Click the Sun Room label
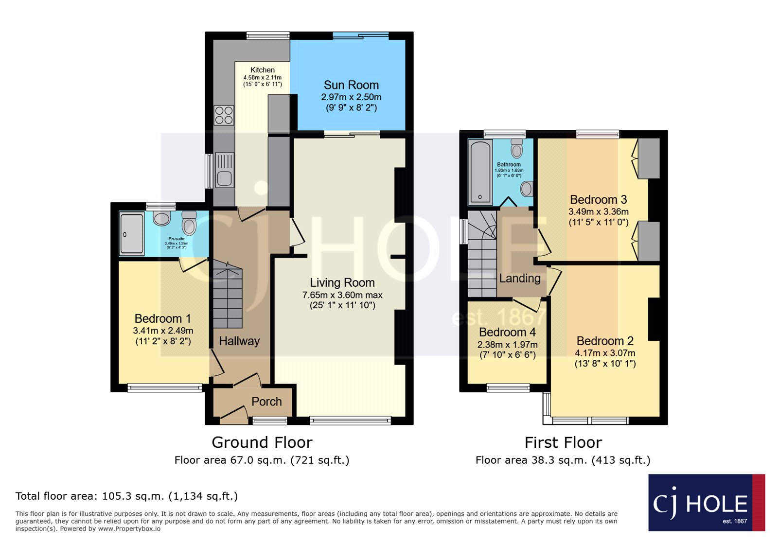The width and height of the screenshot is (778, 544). click(x=351, y=85)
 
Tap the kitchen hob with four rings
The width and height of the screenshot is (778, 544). click(x=224, y=115)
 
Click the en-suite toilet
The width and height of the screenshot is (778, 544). click(x=189, y=223)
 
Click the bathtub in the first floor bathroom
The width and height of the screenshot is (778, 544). click(x=480, y=172)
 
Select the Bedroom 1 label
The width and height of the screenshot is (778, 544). click(x=163, y=318)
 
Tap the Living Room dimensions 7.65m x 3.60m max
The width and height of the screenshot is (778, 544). click(x=342, y=295)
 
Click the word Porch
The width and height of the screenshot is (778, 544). click(x=266, y=402)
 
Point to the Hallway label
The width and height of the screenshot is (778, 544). click(x=239, y=341)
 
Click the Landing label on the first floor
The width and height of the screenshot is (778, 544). click(x=520, y=278)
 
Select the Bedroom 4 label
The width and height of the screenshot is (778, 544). click(x=507, y=332)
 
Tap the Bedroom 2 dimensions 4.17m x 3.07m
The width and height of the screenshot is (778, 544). click(x=605, y=353)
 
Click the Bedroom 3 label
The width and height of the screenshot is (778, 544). click(x=598, y=199)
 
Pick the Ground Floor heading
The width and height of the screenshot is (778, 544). click(x=262, y=442)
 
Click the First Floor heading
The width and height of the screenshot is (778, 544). click(x=563, y=442)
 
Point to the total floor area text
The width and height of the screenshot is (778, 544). click(x=126, y=496)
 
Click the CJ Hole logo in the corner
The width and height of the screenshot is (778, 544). click(x=706, y=503)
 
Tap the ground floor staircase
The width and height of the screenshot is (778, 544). click(x=227, y=297)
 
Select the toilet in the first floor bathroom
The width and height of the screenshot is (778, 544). click(x=517, y=149)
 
